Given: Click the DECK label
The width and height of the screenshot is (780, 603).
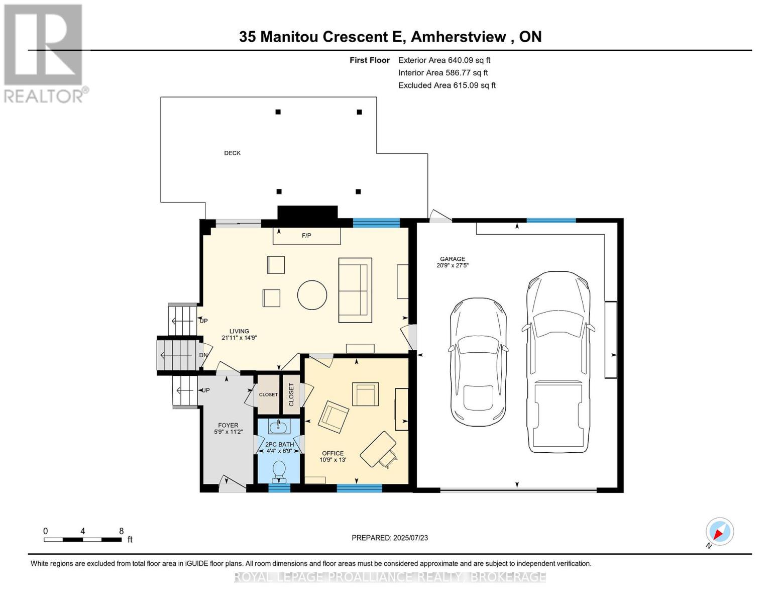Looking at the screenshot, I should click(x=232, y=153).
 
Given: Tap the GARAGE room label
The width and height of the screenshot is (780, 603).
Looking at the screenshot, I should click(x=452, y=259).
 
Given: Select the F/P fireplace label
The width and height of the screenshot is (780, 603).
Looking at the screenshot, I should click(x=306, y=235).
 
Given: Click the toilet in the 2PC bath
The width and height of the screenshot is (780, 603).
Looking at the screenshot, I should click(x=279, y=471).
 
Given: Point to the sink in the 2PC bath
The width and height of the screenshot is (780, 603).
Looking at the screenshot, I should click(x=278, y=428).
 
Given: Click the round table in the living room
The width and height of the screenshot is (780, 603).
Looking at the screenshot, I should click(x=312, y=295).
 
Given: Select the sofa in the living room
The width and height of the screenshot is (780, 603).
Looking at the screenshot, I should click(x=355, y=290).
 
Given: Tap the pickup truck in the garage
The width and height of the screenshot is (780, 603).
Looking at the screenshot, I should click(x=558, y=362).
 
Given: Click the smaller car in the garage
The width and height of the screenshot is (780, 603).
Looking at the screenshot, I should click(x=478, y=362).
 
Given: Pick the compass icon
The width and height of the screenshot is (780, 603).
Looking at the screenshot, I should click(x=719, y=532).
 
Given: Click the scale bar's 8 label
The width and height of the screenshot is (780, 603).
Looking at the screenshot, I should click(x=122, y=531).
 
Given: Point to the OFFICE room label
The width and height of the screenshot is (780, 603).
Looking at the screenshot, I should click(x=332, y=453).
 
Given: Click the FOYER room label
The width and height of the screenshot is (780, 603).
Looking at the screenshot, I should click(x=228, y=425).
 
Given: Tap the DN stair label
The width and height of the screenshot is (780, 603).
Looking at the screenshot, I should click(x=203, y=355).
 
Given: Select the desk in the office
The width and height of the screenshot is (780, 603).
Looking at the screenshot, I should click(x=378, y=449).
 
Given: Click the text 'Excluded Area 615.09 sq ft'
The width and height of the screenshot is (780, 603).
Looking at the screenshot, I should click(x=447, y=85).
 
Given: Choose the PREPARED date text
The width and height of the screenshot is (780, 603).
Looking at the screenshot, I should click(x=390, y=538).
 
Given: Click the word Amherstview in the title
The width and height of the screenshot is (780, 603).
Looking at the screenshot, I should click(x=461, y=37).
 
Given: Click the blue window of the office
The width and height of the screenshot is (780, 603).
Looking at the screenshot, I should click(x=359, y=487).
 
